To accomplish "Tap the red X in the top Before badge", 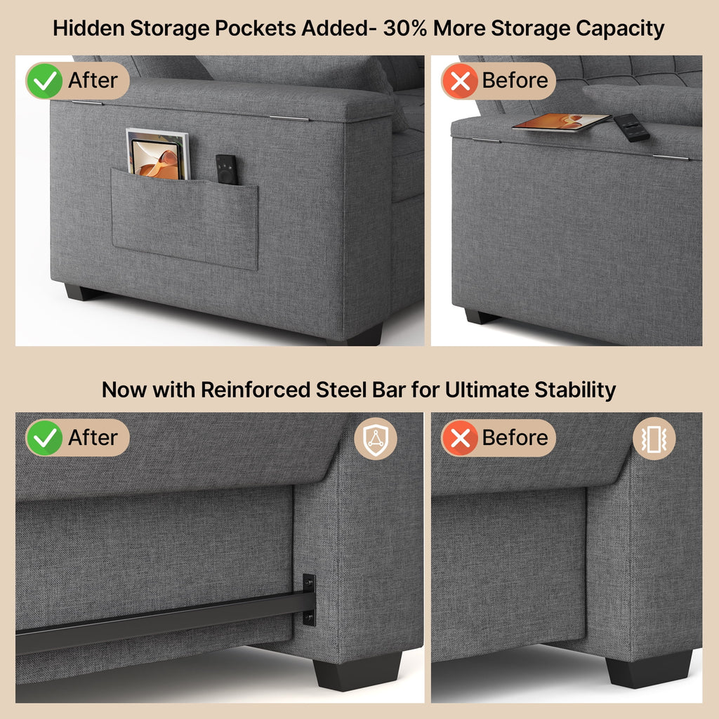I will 460,81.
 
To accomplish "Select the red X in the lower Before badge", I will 460,438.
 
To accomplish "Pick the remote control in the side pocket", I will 226,169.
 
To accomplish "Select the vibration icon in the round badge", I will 654,438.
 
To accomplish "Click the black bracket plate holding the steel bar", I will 308,600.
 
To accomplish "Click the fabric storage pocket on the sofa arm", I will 185,218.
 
